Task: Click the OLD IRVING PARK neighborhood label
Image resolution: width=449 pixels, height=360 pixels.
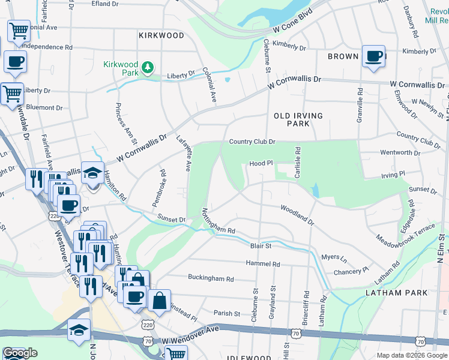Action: (x=298, y=119)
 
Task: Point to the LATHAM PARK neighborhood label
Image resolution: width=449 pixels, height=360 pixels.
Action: (x=397, y=293)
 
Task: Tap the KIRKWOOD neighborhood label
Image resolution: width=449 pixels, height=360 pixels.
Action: (x=161, y=35)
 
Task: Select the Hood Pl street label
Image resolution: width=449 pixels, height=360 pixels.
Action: (x=261, y=163)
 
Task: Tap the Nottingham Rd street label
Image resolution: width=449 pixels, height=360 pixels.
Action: (x=218, y=221)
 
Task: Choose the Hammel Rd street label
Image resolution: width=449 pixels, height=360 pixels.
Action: (x=263, y=263)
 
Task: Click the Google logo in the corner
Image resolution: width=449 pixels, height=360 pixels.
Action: (x=20, y=353)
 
